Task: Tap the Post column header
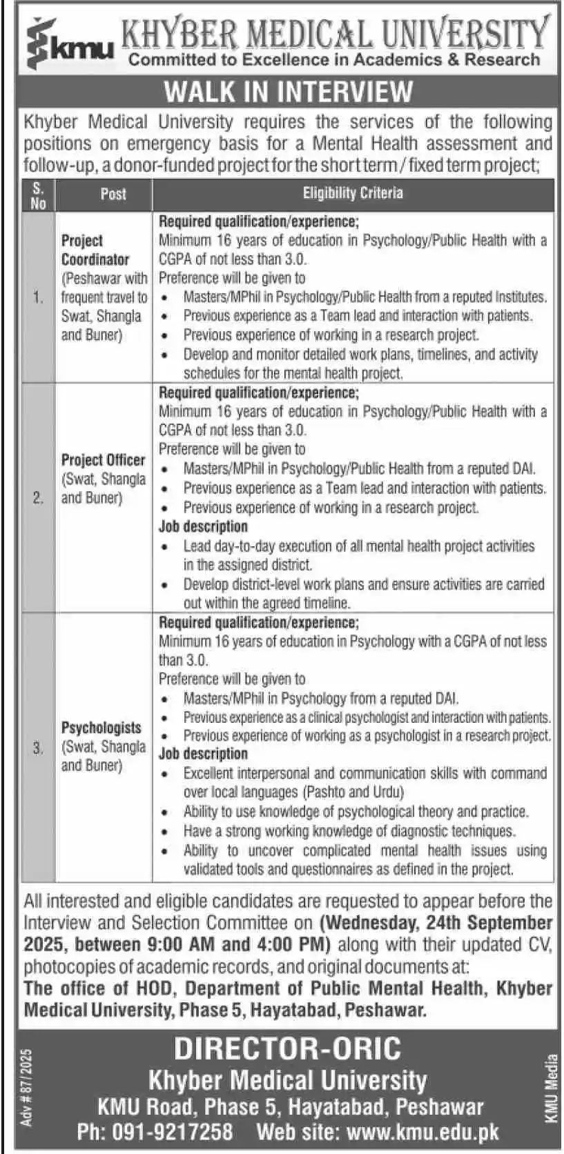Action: click(113, 195)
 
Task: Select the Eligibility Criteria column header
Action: click(353, 193)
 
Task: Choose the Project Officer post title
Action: click(103, 460)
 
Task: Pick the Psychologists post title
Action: click(101, 728)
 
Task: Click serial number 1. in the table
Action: click(38, 298)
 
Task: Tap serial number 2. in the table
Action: click(38, 498)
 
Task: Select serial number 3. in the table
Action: click(38, 748)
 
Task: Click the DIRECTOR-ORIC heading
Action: click(287, 1049)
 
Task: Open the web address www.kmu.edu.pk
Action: click(422, 1132)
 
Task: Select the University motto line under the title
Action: click(334, 59)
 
